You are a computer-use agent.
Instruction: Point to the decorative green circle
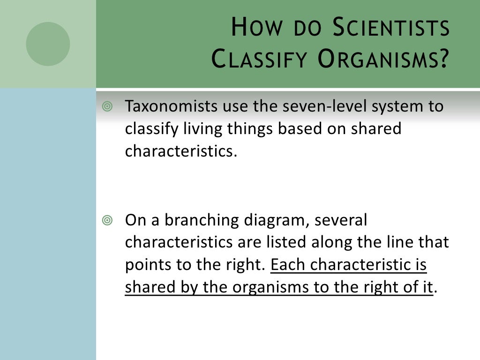(x=48, y=44)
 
